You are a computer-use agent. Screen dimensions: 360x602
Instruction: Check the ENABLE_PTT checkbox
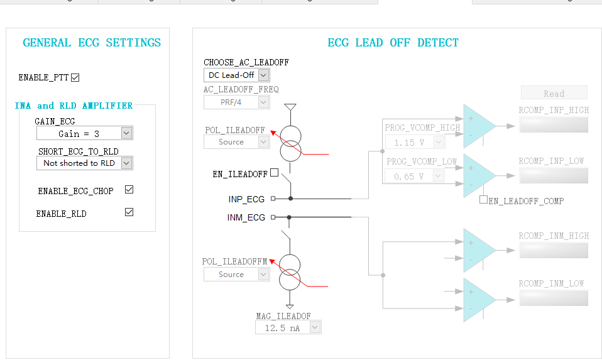coord(75,78)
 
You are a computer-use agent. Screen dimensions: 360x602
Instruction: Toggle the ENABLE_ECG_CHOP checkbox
coord(129,190)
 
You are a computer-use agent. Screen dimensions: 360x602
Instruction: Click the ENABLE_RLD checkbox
coord(129,212)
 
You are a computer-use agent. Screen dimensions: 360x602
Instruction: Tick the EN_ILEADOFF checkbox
coord(274,173)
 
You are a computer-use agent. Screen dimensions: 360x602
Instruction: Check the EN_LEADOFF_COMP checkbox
coord(483,200)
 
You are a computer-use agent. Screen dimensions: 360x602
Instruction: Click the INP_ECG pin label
coord(246,199)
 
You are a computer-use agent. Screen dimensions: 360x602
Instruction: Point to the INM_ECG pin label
coord(246,218)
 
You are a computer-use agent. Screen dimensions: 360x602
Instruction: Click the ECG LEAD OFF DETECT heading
coord(393,43)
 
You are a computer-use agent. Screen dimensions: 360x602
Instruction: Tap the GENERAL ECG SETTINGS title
coord(92,43)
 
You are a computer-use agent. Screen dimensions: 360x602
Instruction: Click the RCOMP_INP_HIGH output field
coord(553,126)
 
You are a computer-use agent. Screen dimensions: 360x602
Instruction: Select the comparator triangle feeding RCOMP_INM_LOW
coord(478,300)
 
